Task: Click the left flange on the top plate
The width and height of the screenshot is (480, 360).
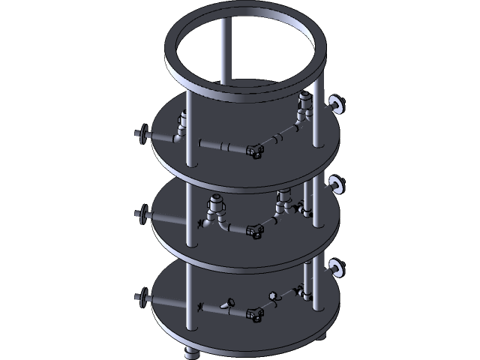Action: click(x=139, y=135)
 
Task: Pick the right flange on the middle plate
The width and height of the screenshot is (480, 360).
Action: click(x=336, y=184)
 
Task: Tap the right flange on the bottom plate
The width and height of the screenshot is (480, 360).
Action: click(x=336, y=266)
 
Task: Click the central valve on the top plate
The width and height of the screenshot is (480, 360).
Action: click(x=255, y=151)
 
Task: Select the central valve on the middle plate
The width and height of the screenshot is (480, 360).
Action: click(x=255, y=232)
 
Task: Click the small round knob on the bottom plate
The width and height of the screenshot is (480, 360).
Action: click(x=274, y=295)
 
